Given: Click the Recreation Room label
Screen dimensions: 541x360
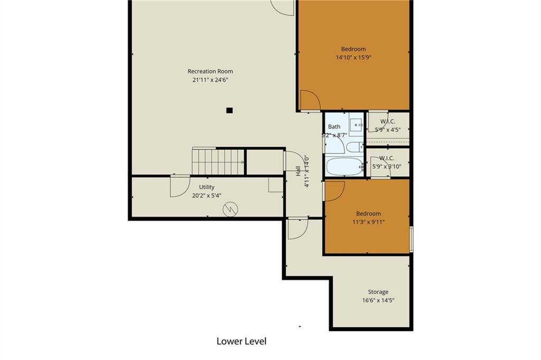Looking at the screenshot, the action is point(210,71).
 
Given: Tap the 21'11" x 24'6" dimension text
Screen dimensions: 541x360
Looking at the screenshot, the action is point(210,80).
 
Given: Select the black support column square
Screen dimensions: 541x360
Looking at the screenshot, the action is point(229,110).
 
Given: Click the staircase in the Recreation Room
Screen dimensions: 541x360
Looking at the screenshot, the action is point(218,162).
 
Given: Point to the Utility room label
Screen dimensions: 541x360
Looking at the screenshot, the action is point(207,187).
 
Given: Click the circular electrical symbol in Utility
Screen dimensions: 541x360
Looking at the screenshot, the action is point(230,209).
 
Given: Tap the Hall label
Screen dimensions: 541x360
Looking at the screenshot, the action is point(298,171).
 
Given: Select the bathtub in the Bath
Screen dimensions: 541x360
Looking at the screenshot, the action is point(344,167).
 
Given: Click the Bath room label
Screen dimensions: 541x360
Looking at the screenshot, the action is point(334,127).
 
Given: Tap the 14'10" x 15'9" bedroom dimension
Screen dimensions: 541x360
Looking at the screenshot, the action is point(353,58).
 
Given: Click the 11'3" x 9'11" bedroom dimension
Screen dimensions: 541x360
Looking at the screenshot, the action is point(368,222).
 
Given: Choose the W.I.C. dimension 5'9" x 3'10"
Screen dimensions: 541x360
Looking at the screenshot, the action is point(387,167).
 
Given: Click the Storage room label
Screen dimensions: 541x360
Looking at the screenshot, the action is point(378,292).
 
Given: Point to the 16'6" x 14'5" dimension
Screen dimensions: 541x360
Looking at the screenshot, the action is point(378,300).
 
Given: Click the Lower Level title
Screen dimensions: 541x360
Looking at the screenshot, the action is point(241,341).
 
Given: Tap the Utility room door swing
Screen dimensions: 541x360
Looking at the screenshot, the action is point(180,187).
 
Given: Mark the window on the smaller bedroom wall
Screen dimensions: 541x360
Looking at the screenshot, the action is point(411,239).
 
